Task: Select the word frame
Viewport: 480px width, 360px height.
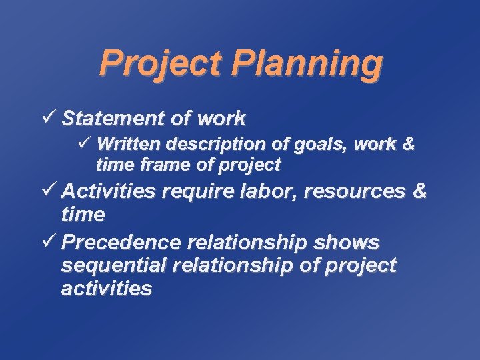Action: tap(153, 164)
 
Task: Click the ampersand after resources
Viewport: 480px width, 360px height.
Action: tap(419, 191)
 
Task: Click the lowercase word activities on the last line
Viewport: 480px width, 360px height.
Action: tap(107, 289)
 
